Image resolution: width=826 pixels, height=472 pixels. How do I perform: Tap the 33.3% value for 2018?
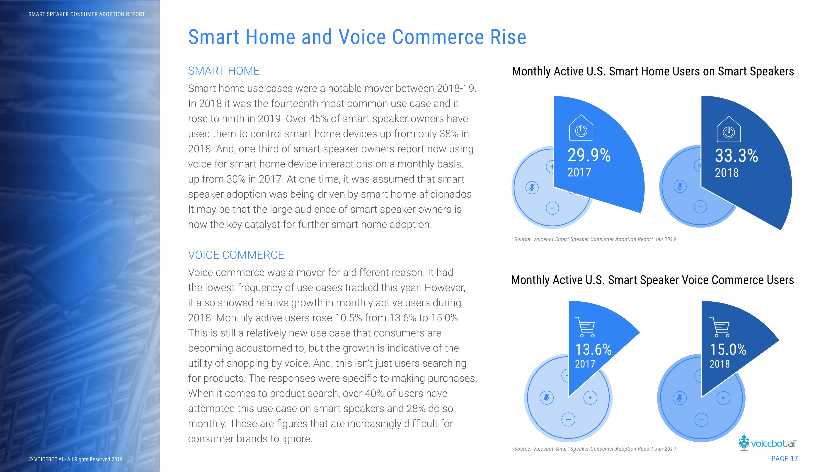tap(736, 156)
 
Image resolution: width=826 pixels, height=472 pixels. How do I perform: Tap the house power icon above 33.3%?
tap(728, 129)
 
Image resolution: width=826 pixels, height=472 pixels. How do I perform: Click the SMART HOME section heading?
tap(224, 71)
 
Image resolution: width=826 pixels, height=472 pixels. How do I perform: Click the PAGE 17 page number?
tap(784, 459)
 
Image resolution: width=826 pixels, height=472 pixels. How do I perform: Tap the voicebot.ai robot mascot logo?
tap(744, 442)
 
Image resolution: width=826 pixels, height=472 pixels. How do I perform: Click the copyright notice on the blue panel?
tap(75, 459)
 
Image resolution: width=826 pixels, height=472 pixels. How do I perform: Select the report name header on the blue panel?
tap(87, 14)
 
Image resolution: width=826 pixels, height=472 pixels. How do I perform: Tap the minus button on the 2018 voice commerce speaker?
tap(701, 420)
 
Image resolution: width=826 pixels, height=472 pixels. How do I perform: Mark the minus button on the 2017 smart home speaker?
tap(552, 208)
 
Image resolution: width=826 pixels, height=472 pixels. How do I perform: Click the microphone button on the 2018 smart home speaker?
tap(680, 186)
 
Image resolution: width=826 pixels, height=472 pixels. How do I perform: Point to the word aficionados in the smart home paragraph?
tap(446, 194)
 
